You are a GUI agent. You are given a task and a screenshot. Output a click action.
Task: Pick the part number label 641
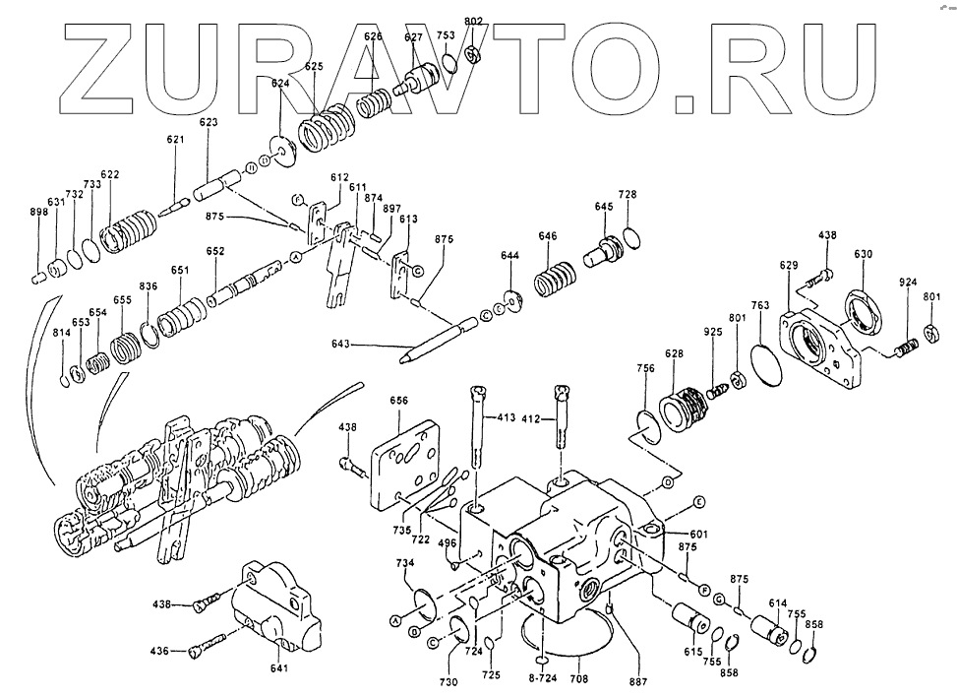[279, 669]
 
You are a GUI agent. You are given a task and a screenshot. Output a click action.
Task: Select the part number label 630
[863, 254]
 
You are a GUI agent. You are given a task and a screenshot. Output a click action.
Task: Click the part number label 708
[579, 679]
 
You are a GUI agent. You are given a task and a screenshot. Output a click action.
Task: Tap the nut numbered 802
[473, 52]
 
